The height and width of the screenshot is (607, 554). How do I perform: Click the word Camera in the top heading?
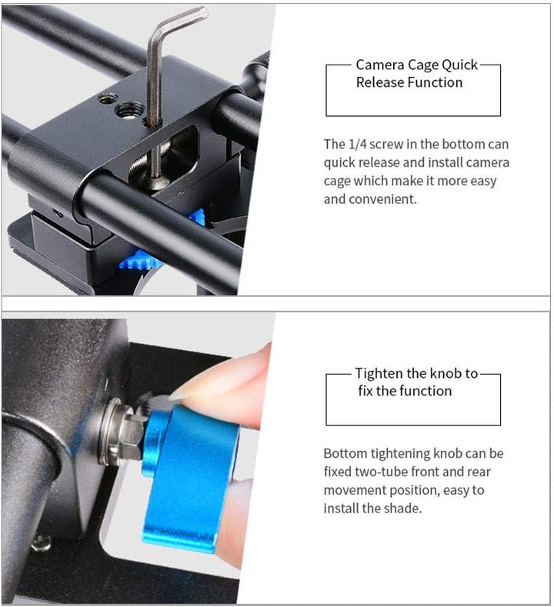tap(379, 65)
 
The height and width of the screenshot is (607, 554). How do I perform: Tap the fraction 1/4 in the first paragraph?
tap(356, 144)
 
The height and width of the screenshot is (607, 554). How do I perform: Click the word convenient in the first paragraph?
tap(382, 199)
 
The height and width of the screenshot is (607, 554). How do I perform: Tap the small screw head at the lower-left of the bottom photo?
tap(42, 543)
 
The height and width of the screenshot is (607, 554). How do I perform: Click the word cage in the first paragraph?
tap(336, 181)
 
